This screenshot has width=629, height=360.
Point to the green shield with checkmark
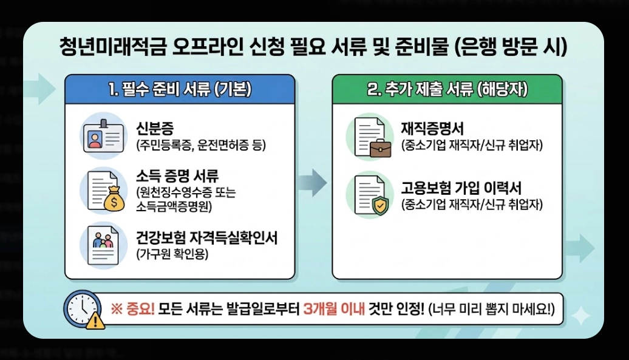[380, 206]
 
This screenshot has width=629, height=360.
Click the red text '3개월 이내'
[333, 309]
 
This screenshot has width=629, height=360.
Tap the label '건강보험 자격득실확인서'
[206, 237]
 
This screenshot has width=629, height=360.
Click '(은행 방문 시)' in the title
[511, 46]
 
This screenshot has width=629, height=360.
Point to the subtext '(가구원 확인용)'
[172, 254]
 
